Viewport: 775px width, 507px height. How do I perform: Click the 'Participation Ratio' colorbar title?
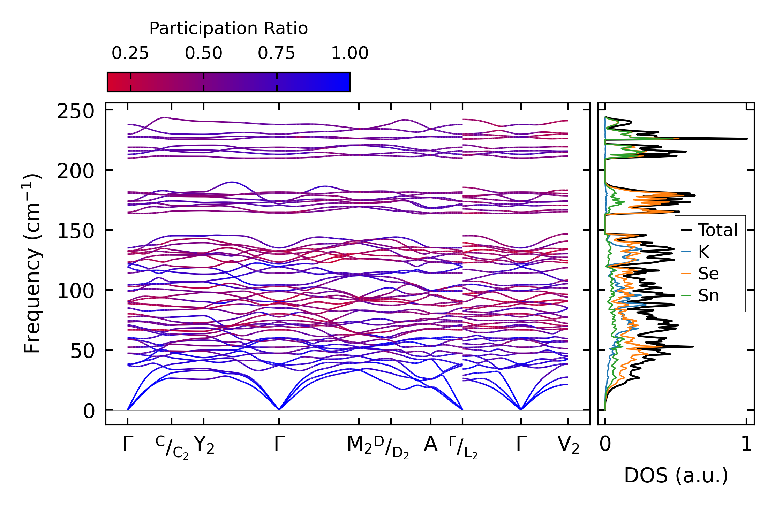(228, 28)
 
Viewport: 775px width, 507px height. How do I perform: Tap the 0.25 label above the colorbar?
(130, 53)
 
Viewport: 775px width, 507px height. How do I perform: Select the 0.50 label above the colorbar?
(203, 53)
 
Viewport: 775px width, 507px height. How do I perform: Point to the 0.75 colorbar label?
(277, 53)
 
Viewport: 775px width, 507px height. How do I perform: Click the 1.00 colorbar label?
(350, 53)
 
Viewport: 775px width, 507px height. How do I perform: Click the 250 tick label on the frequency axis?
(76, 112)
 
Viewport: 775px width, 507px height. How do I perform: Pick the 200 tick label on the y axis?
(76, 171)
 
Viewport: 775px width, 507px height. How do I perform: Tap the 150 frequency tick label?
(76, 231)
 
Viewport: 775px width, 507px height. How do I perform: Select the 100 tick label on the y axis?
(76, 291)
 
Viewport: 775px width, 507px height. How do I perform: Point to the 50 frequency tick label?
(82, 351)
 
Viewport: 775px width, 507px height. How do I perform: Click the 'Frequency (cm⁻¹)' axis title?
(32, 263)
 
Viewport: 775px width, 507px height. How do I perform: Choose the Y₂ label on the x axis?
(204, 445)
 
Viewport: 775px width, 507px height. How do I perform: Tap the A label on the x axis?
(431, 444)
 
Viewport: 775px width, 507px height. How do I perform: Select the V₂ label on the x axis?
(569, 445)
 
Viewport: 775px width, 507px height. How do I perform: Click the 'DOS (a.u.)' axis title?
(676, 476)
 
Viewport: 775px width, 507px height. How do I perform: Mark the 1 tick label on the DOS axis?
(746, 444)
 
